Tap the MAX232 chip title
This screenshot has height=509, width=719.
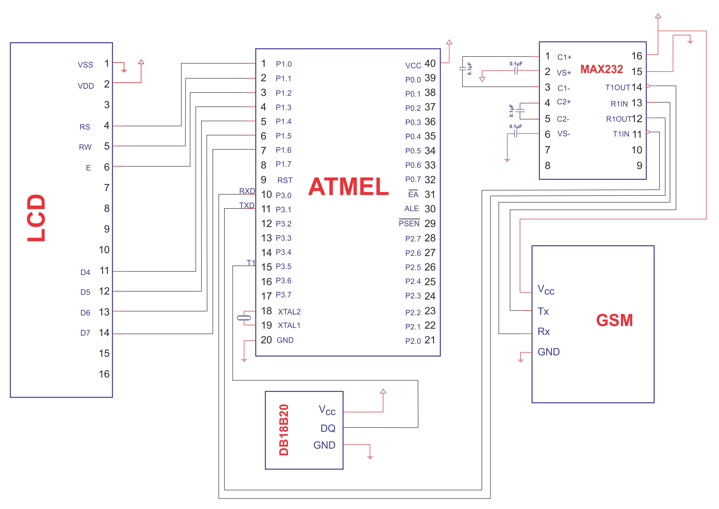coord(601,69)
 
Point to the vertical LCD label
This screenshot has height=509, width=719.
coord(36,218)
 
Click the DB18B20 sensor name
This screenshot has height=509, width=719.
coord(284,430)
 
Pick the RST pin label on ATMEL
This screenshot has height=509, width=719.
coord(285,180)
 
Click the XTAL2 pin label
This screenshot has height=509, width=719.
coord(289,312)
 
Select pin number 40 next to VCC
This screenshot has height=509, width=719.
coord(430,64)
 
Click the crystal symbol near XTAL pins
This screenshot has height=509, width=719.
coord(244,318)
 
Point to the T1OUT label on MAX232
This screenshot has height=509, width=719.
coord(617,88)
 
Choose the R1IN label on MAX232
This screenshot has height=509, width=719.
coord(619,104)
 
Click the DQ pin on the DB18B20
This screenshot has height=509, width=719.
coord(328,428)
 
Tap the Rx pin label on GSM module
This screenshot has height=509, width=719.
coord(544,331)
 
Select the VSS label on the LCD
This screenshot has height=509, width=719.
coord(86,65)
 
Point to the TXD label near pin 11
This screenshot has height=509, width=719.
coord(247,205)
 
